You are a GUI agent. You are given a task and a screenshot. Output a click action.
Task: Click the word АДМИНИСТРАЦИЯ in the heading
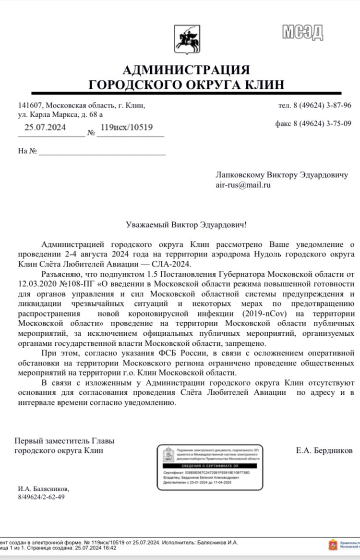[186, 70]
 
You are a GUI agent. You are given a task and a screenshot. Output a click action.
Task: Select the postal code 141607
[31, 105]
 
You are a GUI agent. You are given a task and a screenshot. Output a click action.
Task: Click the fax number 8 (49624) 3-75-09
[321, 123]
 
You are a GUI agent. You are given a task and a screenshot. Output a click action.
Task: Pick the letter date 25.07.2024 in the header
[45, 127]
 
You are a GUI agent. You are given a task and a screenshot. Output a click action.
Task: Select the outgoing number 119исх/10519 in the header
[127, 127]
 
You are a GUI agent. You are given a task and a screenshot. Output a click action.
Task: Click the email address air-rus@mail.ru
[243, 184]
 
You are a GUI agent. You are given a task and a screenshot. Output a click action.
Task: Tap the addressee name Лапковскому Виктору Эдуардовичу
[282, 175]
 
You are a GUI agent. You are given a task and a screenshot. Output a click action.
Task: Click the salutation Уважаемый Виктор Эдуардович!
[187, 224]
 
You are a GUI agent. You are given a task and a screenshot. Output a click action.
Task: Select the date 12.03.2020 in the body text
[37, 283]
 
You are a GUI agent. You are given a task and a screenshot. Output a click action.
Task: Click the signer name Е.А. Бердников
[324, 450]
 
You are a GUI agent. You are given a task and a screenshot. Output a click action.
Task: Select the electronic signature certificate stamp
[210, 467]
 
